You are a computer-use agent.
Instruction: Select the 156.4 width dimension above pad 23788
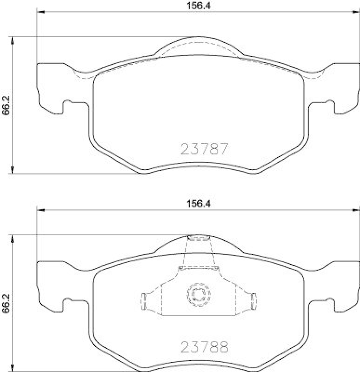(199, 204)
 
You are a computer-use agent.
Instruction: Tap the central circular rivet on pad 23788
(199, 295)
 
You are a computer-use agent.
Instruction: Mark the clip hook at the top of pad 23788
(199, 239)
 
